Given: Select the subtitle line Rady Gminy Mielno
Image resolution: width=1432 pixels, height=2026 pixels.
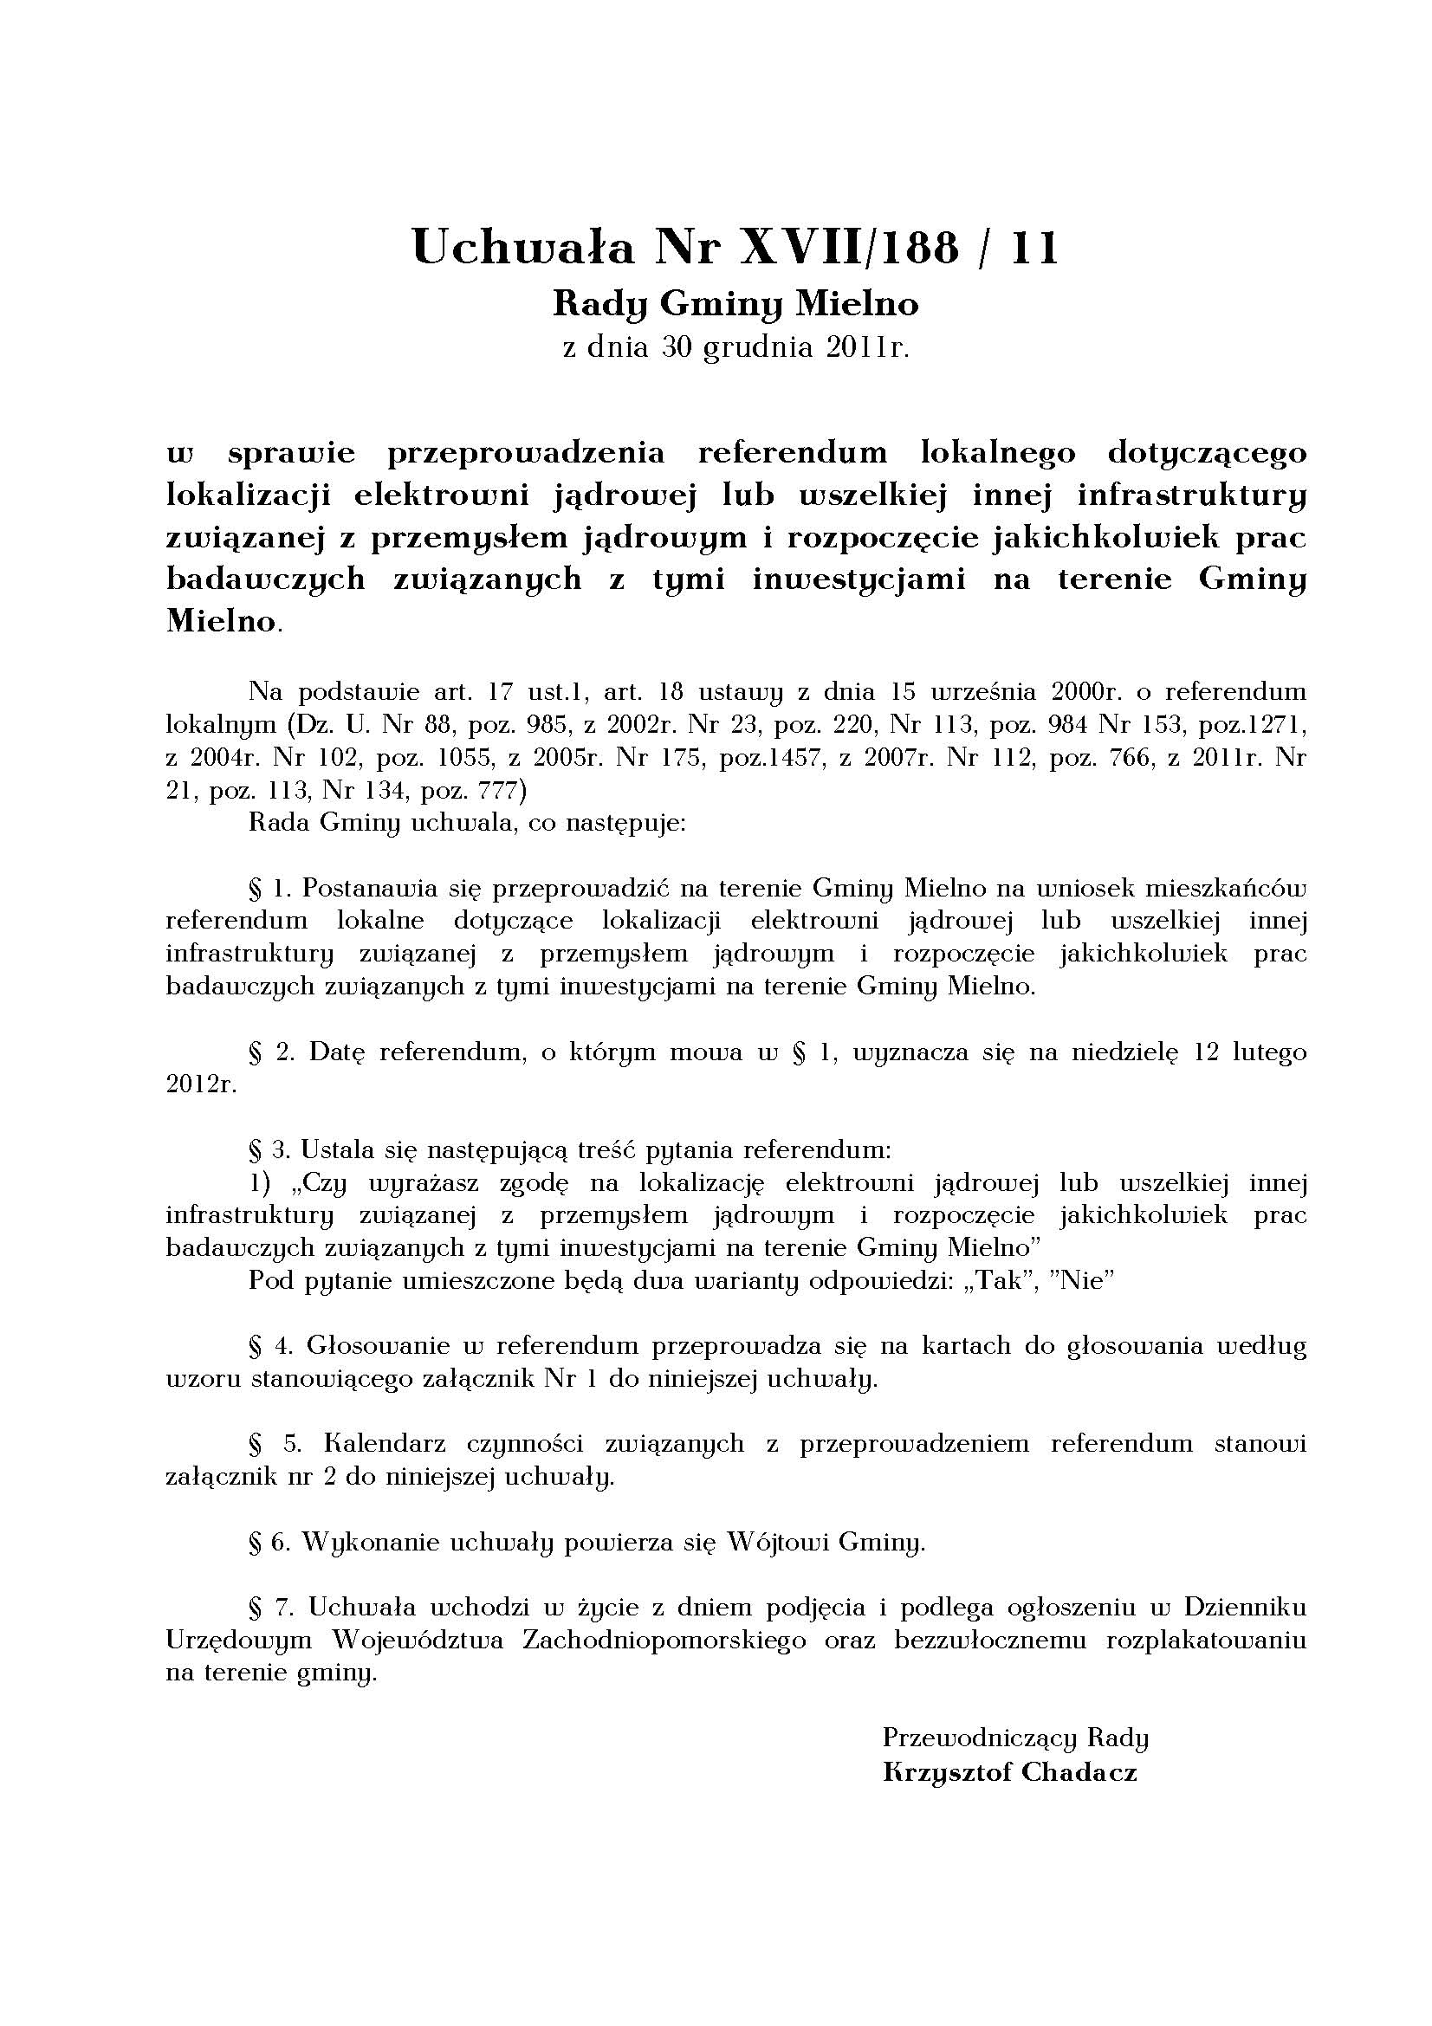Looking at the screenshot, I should point(735,304).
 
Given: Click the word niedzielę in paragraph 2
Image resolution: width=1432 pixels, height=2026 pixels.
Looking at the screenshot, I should point(1124,1052).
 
